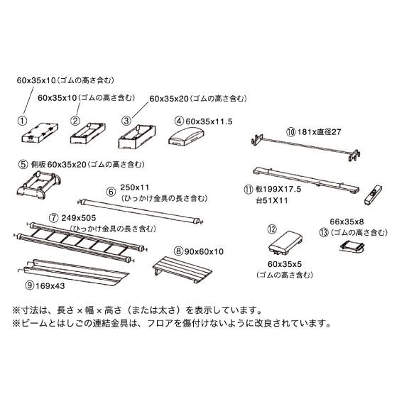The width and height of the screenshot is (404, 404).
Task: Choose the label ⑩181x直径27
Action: click(316, 131)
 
